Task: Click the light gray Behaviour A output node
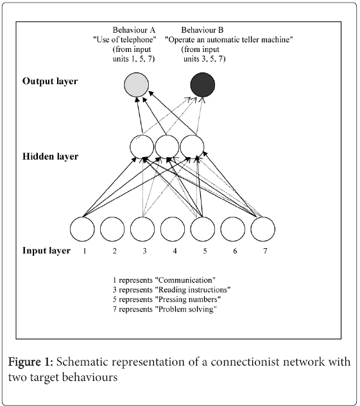click(137, 85)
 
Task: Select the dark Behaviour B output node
click(203, 85)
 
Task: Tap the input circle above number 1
click(82, 229)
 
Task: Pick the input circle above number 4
click(173, 229)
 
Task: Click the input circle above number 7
click(263, 229)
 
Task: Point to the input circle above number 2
click(112, 229)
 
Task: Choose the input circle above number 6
click(232, 229)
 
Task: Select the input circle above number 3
click(142, 229)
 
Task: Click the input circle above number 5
click(203, 229)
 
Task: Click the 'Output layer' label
click(50, 81)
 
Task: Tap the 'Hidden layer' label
click(50, 156)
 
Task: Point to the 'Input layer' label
click(46, 251)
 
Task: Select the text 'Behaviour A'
click(134, 30)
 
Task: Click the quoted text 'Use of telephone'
click(125, 40)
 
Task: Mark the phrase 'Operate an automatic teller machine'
click(229, 40)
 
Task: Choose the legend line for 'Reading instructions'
click(171, 290)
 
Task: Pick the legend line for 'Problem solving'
click(165, 309)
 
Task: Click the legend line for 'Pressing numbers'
click(167, 300)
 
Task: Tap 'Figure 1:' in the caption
click(31, 362)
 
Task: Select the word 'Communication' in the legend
click(185, 280)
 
